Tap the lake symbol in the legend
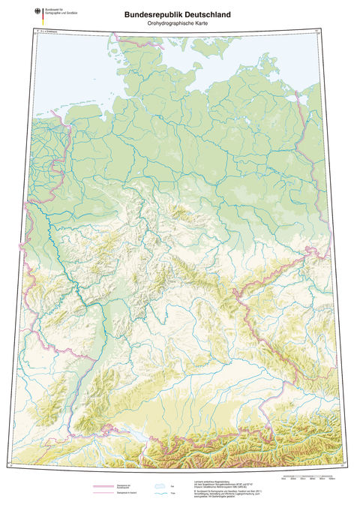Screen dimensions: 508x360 click(158, 485)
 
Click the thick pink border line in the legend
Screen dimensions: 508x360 click(104, 486)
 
